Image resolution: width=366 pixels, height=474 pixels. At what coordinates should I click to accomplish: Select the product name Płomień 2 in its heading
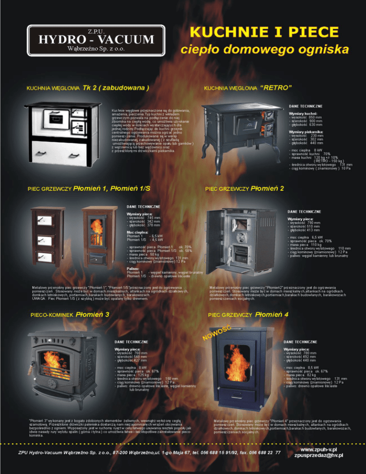(x=267, y=188)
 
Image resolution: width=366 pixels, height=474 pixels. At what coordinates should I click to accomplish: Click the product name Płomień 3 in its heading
(x=92, y=314)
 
